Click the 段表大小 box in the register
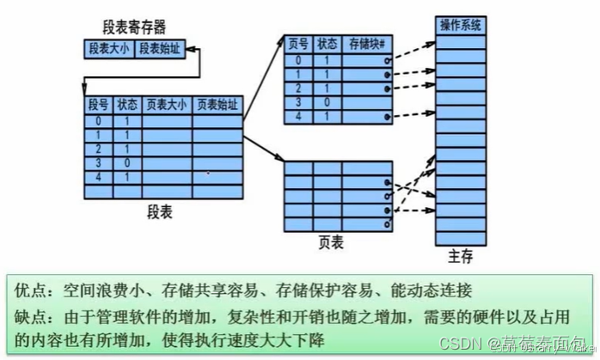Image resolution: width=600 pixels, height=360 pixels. pyautogui.click(x=108, y=49)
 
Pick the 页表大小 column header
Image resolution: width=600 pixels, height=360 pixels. pyautogui.click(x=167, y=106)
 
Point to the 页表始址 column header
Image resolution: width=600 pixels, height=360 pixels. pyautogui.click(x=217, y=106)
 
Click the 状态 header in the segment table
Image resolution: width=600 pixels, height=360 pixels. pyautogui.click(x=126, y=106)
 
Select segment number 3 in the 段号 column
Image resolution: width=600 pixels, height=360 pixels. pyautogui.click(x=98, y=162)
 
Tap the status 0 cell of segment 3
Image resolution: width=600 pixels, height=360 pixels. pyautogui.click(x=126, y=162)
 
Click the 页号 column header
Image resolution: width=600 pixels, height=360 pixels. pyautogui.click(x=298, y=43)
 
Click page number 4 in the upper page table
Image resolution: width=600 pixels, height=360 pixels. pyautogui.click(x=298, y=115)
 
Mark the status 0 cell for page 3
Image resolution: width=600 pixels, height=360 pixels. pyautogui.click(x=328, y=101)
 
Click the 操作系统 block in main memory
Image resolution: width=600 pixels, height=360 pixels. pyautogui.click(x=462, y=25)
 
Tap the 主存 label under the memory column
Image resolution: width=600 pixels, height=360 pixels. pyautogui.click(x=460, y=256)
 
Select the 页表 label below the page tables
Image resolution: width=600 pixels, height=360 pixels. pyautogui.click(x=331, y=243)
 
